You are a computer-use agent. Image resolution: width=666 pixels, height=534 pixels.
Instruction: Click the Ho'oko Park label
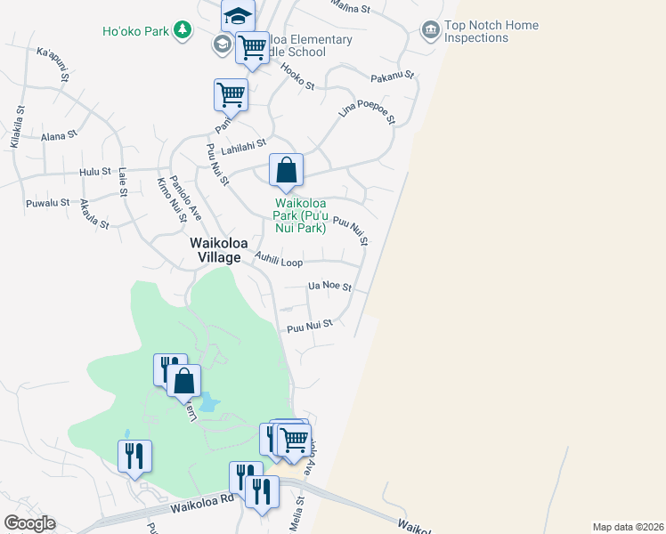(x=135, y=31)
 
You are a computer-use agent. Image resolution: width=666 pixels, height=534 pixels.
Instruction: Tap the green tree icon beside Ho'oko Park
(x=182, y=31)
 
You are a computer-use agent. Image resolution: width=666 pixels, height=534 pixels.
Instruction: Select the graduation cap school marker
(x=238, y=15)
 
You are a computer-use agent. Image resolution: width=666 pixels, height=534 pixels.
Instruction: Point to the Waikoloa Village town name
(x=215, y=250)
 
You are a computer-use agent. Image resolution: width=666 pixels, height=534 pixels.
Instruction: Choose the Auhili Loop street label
(x=279, y=262)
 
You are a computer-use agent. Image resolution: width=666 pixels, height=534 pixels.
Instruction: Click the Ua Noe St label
(x=329, y=287)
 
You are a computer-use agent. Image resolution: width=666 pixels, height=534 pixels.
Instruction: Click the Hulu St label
(x=94, y=171)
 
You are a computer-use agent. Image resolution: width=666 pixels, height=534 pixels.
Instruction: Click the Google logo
(x=29, y=523)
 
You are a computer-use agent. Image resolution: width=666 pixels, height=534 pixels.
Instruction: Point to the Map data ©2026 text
(x=628, y=527)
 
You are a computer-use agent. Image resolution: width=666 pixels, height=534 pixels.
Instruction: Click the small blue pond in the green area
(x=208, y=402)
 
